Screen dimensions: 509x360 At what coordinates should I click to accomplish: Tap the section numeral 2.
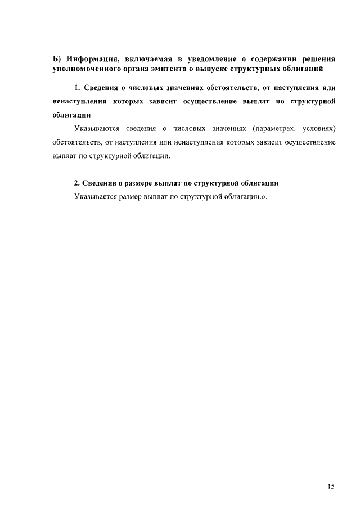pyautogui.click(x=77, y=184)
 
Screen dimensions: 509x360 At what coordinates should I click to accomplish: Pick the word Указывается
pyautogui.click(x=96, y=197)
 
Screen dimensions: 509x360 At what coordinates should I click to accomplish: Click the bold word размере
pyautogui.click(x=145, y=184)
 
